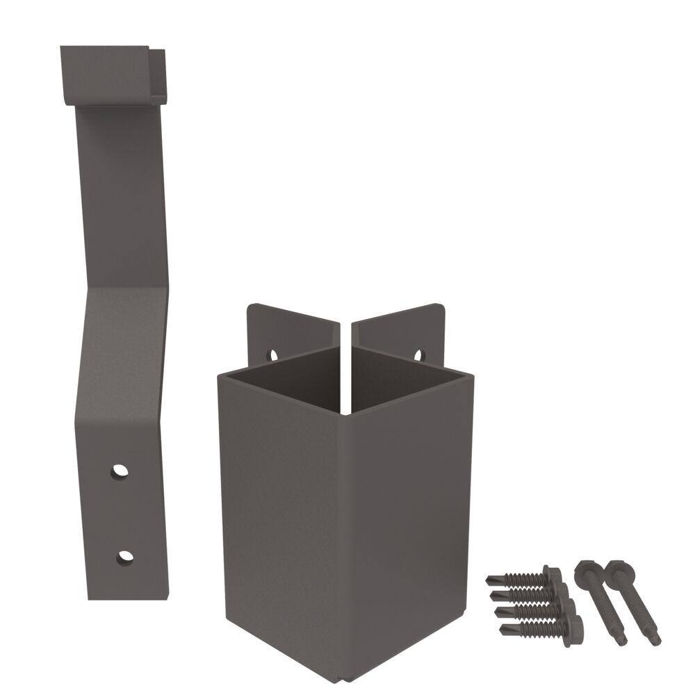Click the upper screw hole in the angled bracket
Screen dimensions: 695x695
tap(121, 471)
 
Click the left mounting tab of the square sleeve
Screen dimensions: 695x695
tap(292, 330)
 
